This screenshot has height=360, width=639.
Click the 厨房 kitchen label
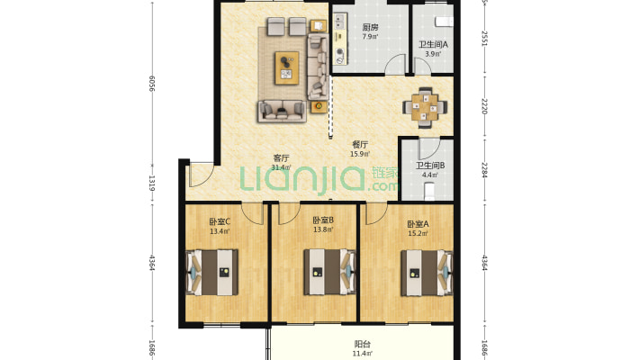(370, 27)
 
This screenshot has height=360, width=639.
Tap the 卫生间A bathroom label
(433, 44)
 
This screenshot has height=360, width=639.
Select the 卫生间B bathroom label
(430, 166)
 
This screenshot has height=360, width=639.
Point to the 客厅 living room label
(281, 157)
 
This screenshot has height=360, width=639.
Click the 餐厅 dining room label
(360, 144)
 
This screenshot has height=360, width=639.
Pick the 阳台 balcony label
(363, 344)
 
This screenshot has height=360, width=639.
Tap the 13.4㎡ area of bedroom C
(220, 231)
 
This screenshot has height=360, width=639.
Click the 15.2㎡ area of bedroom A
(418, 234)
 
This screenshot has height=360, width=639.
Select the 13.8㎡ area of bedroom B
(323, 229)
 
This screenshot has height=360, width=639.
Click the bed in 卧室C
(211, 273)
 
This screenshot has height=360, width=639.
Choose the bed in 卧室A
(427, 273)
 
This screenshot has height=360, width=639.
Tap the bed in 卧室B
(329, 272)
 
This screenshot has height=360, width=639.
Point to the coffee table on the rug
(287, 68)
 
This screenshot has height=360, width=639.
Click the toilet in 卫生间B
(429, 192)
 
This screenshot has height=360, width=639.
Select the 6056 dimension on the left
(151, 83)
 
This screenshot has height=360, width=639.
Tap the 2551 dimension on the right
(484, 39)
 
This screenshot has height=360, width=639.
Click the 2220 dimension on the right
(484, 106)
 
